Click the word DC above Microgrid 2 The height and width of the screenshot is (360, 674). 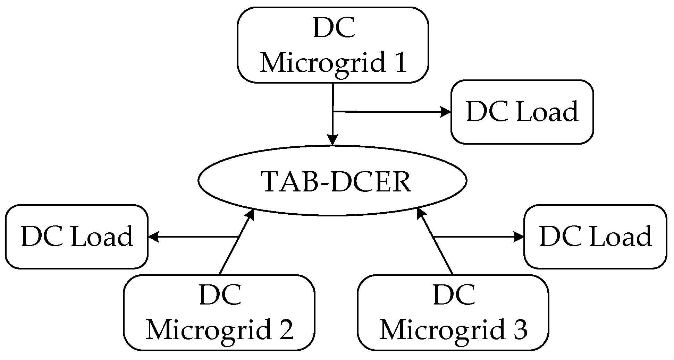[x=220, y=295]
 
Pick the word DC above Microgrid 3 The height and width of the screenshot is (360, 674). [x=454, y=295]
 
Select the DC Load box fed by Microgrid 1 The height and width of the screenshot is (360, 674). [x=522, y=112]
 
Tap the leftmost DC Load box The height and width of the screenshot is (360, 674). [x=77, y=237]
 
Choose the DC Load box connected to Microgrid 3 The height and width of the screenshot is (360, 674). [x=595, y=237]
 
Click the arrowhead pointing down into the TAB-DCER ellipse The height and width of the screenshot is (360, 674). [x=333, y=140]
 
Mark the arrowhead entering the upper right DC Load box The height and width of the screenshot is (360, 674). [x=446, y=112]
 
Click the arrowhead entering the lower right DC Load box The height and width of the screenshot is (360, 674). [x=519, y=237]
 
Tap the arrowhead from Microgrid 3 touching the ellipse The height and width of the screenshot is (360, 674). [x=421, y=213]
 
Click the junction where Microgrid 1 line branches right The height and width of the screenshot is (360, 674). [x=333, y=111]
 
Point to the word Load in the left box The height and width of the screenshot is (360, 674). [x=102, y=237]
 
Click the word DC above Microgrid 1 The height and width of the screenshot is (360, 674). [x=334, y=28]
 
